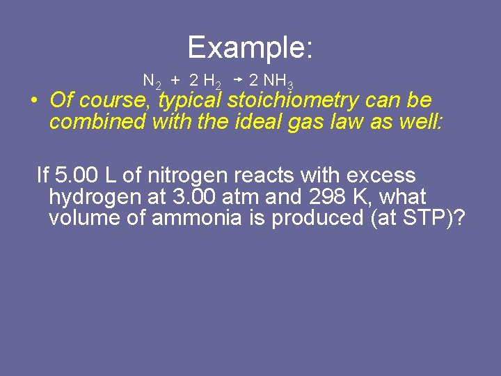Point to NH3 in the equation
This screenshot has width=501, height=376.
pos(278,81)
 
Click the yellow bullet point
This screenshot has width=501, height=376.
pos(33,100)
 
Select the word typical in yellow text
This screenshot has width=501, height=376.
pos(189,100)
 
